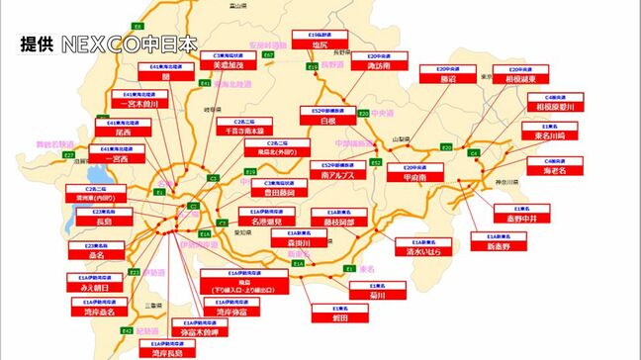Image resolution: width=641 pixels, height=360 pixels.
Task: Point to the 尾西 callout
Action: (x=122, y=129)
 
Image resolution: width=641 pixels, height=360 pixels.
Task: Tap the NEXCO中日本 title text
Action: (x=129, y=45)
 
